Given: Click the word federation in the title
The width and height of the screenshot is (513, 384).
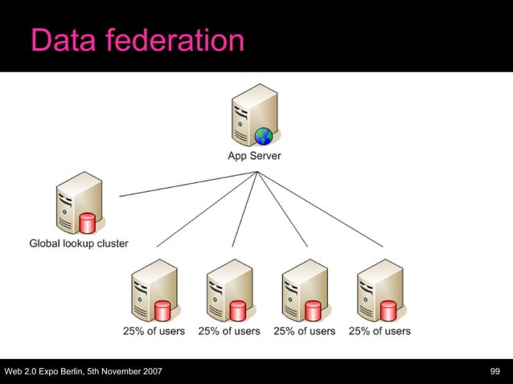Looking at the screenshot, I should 174,39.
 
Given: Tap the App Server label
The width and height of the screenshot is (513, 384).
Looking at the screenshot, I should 254,156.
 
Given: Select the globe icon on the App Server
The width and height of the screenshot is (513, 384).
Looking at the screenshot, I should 263,136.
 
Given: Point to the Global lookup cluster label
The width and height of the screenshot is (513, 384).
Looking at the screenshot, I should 79,243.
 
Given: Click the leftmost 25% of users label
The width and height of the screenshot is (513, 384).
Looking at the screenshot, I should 154,330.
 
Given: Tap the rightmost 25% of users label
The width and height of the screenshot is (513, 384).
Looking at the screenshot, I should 380,330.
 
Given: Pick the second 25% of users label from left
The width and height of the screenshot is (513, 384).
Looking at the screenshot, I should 229,330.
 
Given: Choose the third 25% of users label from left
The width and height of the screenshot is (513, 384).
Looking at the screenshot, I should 305,330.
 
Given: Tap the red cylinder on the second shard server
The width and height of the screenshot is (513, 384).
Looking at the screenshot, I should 238,309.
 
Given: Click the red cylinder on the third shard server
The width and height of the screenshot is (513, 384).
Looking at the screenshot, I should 314,309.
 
